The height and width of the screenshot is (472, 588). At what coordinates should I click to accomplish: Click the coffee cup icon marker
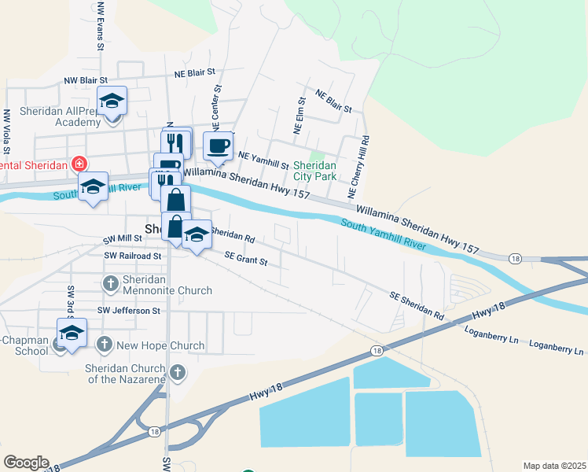[218, 146]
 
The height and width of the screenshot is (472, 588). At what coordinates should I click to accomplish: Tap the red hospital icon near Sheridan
[79, 164]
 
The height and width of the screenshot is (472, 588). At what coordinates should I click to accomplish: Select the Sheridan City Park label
[314, 171]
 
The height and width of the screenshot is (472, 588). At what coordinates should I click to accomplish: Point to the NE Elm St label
[299, 116]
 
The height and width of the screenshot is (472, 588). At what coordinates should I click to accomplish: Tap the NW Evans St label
[101, 25]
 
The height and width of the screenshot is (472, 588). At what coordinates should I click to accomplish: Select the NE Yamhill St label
[263, 160]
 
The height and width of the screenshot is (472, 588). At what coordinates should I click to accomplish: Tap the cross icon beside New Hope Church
[105, 345]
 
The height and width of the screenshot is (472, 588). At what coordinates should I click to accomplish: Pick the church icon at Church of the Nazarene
[178, 372]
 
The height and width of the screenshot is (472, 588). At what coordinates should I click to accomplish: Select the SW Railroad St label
[132, 256]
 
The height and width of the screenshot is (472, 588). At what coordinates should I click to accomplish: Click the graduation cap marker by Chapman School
[72, 333]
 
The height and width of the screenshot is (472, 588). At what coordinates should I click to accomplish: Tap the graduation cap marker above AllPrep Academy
[112, 101]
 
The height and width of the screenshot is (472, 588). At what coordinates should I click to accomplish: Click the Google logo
[26, 463]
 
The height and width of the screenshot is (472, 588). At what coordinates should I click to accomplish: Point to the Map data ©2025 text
[554, 466]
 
